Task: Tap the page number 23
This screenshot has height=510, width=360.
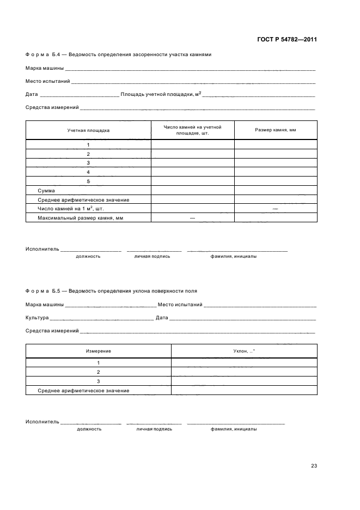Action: pyautogui.click(x=314, y=465)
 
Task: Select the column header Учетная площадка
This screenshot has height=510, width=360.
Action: pyautogui.click(x=88, y=130)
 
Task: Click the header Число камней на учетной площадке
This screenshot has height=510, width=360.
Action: pyautogui.click(x=192, y=130)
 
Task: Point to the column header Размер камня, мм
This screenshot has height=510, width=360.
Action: pyautogui.click(x=276, y=130)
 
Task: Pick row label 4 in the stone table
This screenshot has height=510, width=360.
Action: pyautogui.click(x=88, y=172)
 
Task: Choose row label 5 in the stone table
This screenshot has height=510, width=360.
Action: pyautogui.click(x=88, y=181)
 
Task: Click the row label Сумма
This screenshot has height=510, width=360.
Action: pyautogui.click(x=46, y=191)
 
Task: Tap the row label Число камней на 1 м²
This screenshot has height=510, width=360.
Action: pyautogui.click(x=70, y=208)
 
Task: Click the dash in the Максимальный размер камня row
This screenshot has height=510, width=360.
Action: pyautogui.click(x=192, y=218)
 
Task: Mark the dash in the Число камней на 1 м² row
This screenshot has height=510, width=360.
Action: pyautogui.click(x=276, y=209)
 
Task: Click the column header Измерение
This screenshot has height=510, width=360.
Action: pyautogui.click(x=99, y=351)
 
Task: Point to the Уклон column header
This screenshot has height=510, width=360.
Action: pyautogui.click(x=244, y=351)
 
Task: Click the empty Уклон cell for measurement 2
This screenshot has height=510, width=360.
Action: pyautogui.click(x=244, y=372)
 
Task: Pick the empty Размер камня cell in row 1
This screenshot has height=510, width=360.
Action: pyautogui.click(x=276, y=144)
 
